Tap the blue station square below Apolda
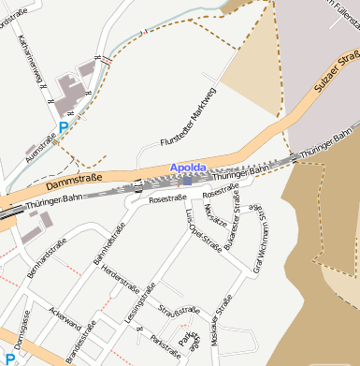tap(188, 179)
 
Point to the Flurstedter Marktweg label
tap(188, 117)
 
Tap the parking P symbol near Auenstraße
tap(64, 126)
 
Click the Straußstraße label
tap(178, 310)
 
